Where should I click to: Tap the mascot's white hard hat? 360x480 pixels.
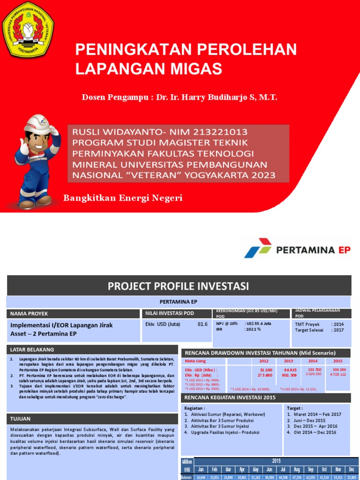coord(37,123)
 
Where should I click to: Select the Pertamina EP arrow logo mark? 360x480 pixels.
coord(258,248)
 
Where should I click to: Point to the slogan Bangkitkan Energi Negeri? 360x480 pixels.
coord(123,198)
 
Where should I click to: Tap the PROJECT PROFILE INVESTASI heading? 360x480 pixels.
coord(179,286)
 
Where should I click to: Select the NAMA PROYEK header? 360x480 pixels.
coord(28,314)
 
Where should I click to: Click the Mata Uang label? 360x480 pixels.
coord(195,361)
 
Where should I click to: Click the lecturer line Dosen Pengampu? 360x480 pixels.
coord(180,97)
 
